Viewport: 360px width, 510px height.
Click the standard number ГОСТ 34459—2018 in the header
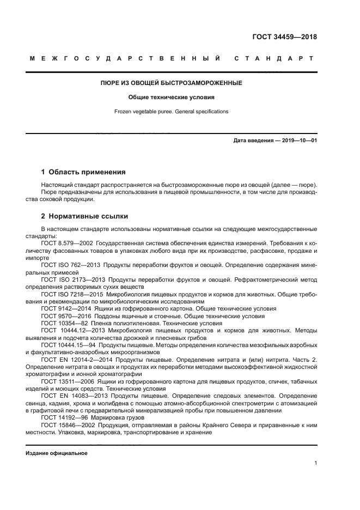(x=284, y=38)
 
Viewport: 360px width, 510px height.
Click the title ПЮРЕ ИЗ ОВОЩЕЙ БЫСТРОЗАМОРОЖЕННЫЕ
(x=179, y=83)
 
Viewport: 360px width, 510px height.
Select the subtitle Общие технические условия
(x=179, y=98)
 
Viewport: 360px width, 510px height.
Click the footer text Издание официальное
(x=56, y=453)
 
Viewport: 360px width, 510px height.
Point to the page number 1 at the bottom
(x=315, y=464)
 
